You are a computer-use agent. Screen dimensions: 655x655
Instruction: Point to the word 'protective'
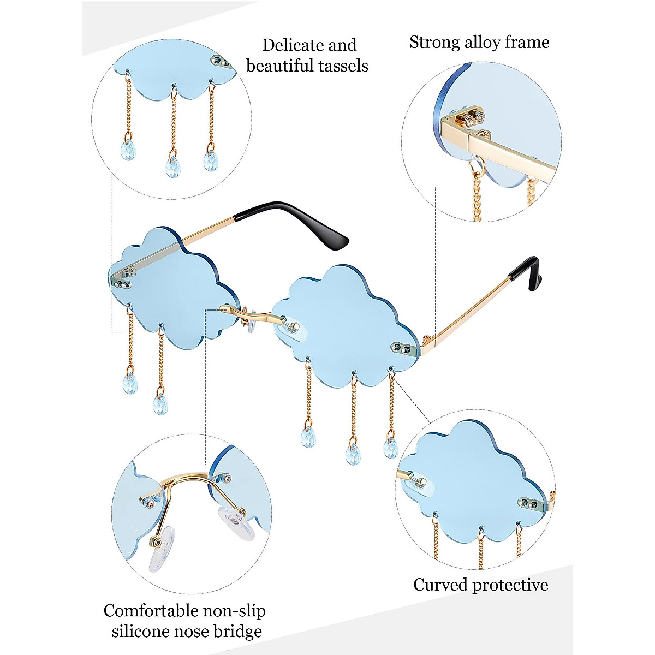(x=510, y=585)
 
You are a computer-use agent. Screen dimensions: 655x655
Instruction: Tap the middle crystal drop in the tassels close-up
(x=173, y=165)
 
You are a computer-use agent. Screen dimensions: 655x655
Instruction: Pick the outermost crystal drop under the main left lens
(x=129, y=383)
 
